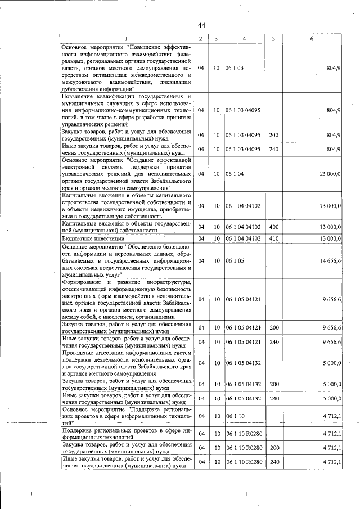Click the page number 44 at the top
click(201, 25)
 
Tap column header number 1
click(127, 38)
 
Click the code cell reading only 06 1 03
click(235, 67)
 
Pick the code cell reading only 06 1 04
click(235, 174)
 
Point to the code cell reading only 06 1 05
click(235, 260)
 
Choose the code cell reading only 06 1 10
click(235, 416)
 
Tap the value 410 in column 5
click(274, 239)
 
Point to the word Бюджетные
click(78, 239)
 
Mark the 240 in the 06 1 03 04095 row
click(274, 149)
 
